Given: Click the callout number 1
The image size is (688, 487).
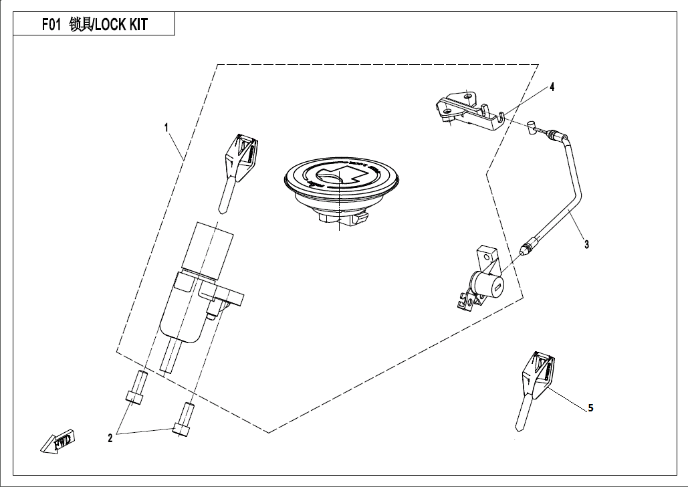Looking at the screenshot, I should pos(166,126).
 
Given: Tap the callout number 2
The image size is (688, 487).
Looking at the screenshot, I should pos(110,439).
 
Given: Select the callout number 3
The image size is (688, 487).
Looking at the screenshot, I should pos(586,245).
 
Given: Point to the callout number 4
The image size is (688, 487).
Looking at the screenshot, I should pos(552,87).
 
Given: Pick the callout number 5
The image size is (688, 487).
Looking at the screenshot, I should pos(590,407).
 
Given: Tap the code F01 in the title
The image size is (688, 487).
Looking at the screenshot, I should pos(52,25).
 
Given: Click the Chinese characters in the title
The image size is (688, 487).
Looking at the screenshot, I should pos(81,25).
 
